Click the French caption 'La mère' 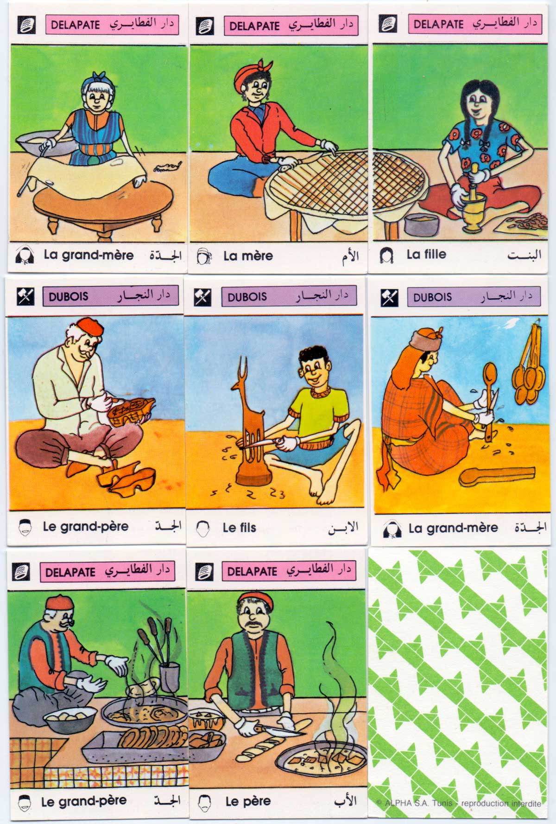[248, 256]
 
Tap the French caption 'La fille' [426, 254]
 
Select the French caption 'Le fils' [239, 527]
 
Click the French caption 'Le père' [248, 801]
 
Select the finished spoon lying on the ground [496, 477]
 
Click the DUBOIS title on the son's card [247, 297]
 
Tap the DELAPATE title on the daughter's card [438, 24]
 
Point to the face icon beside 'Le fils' [202, 528]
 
